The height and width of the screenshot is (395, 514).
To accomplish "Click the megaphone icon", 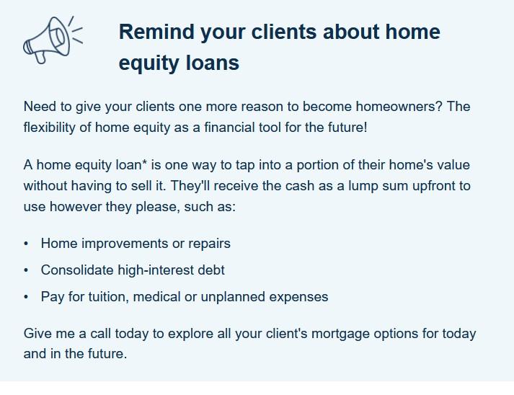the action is point(53,40).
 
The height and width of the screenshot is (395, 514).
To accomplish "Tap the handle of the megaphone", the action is point(40,58).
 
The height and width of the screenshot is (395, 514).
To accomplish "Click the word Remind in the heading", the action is point(156,32).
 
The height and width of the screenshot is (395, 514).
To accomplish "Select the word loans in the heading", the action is point(213,63).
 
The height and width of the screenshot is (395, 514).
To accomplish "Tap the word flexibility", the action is point(49,127).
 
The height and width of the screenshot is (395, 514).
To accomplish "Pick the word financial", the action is point(229,127).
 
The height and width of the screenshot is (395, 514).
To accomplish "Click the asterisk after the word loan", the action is point(144,161).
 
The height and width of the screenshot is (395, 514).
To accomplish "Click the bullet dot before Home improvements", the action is point(26,244).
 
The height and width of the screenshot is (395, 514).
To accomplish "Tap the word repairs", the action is point(209,244).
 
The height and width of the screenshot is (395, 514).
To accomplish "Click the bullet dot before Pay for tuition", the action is point(26,297).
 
